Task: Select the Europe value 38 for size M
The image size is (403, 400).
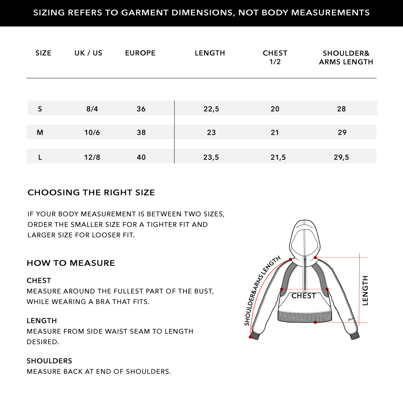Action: tap(141, 132)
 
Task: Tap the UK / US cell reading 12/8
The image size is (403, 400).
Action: tap(92, 157)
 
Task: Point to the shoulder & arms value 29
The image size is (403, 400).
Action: tap(342, 132)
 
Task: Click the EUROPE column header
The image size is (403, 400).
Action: tap(140, 53)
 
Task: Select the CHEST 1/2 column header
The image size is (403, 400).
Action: tap(275, 57)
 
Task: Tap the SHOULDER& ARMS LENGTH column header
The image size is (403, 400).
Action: tap(346, 57)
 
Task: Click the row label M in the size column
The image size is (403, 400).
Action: tap(40, 132)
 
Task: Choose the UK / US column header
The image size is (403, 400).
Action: tap(88, 53)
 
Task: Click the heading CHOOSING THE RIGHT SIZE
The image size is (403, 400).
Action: tap(91, 193)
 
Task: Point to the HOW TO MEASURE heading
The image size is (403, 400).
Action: tap(71, 263)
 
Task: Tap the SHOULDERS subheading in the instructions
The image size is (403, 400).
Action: tap(49, 361)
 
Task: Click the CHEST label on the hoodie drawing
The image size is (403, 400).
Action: tap(303, 296)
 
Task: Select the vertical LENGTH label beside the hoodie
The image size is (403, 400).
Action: tap(365, 290)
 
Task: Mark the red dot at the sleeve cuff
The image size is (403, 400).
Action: tap(250, 337)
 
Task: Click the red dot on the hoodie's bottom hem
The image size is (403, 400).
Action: tap(315, 323)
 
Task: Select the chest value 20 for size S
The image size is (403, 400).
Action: tap(275, 109)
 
